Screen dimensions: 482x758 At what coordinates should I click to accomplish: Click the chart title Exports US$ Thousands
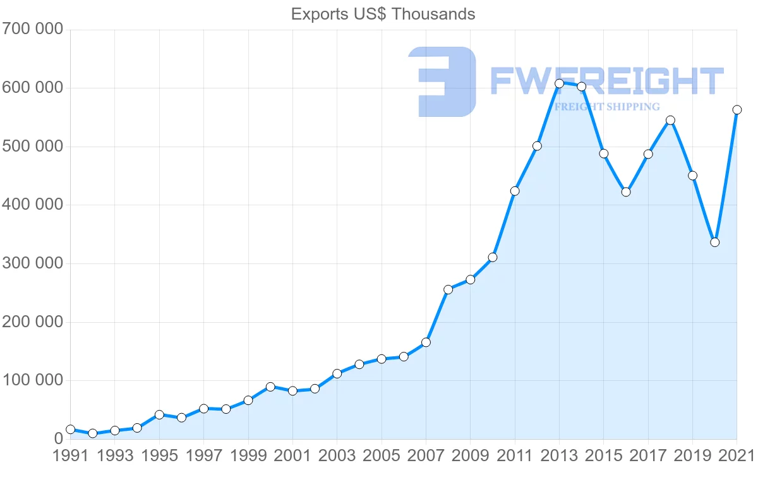click(x=383, y=14)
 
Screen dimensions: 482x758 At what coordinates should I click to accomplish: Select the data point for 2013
click(x=559, y=83)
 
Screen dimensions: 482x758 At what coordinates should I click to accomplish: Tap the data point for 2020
click(x=714, y=242)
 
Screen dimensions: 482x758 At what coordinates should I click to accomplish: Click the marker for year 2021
click(x=737, y=110)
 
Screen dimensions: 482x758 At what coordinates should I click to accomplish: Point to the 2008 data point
click(x=448, y=289)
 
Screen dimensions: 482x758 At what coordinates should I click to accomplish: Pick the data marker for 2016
click(x=626, y=192)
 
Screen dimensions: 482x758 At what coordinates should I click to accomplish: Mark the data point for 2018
click(x=670, y=120)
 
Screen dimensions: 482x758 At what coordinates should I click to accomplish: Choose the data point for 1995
click(x=159, y=415)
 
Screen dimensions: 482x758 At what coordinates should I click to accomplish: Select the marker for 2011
click(x=515, y=191)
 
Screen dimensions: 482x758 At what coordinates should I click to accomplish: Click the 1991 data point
click(x=70, y=430)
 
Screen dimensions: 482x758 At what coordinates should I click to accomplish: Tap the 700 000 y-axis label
click(x=32, y=29)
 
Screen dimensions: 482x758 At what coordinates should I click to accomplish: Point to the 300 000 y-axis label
click(x=32, y=263)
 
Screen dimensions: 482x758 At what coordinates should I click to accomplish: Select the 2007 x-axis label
click(x=426, y=456)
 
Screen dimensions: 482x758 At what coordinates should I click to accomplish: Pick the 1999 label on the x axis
click(x=248, y=456)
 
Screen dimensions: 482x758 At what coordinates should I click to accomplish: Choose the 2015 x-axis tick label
click(x=603, y=456)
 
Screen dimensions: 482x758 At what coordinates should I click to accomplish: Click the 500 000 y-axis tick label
click(x=32, y=147)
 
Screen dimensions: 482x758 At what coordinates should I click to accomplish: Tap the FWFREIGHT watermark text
click(x=606, y=81)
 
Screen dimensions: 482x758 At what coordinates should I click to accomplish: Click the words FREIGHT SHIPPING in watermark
click(x=606, y=107)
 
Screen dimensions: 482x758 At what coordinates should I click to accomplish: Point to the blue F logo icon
click(x=442, y=81)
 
